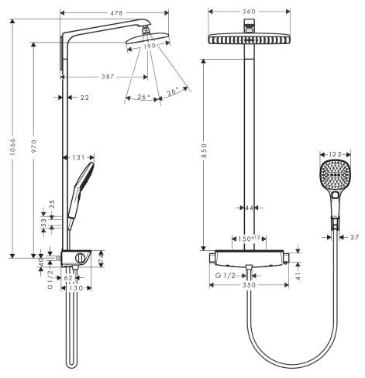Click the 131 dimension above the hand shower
click(x=79, y=156)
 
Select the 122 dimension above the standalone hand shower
click(x=336, y=156)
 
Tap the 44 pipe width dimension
click(x=250, y=208)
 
